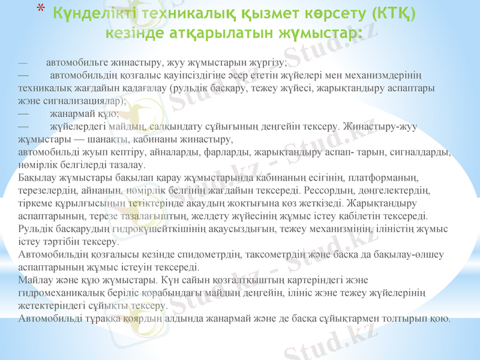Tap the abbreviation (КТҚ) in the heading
point(395,12)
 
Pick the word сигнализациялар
point(82,101)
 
